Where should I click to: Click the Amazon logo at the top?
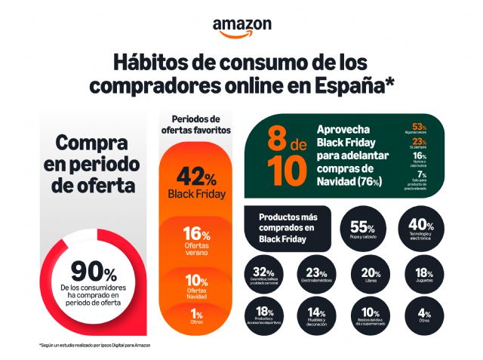241,27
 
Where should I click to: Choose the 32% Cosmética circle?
263,276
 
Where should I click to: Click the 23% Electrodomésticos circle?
316,276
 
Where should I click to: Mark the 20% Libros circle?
370,276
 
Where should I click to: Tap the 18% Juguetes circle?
423,276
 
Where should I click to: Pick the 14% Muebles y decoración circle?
316,316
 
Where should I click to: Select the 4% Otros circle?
423,316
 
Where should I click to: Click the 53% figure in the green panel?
420,126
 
